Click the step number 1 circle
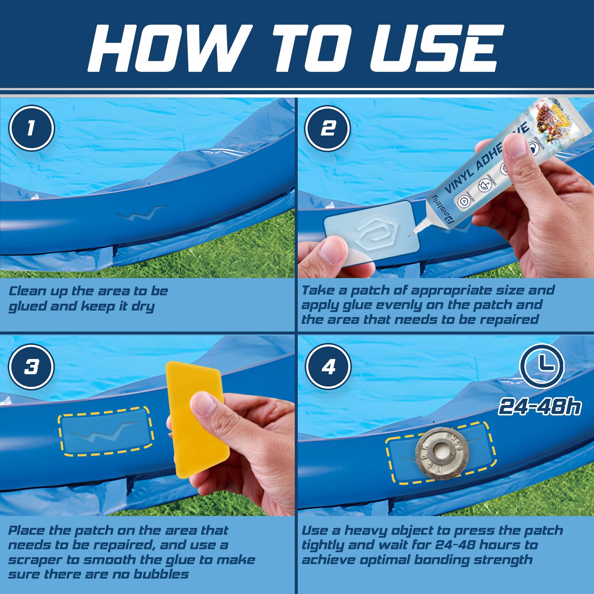(x=32, y=128)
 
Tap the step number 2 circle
(x=327, y=128)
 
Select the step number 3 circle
(x=32, y=367)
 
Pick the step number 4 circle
(x=328, y=367)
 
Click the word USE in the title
(x=436, y=48)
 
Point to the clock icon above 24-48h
(x=542, y=366)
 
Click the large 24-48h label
(x=540, y=406)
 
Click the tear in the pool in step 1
(x=141, y=212)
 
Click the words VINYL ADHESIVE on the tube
(x=486, y=160)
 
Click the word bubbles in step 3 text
(x=161, y=574)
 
